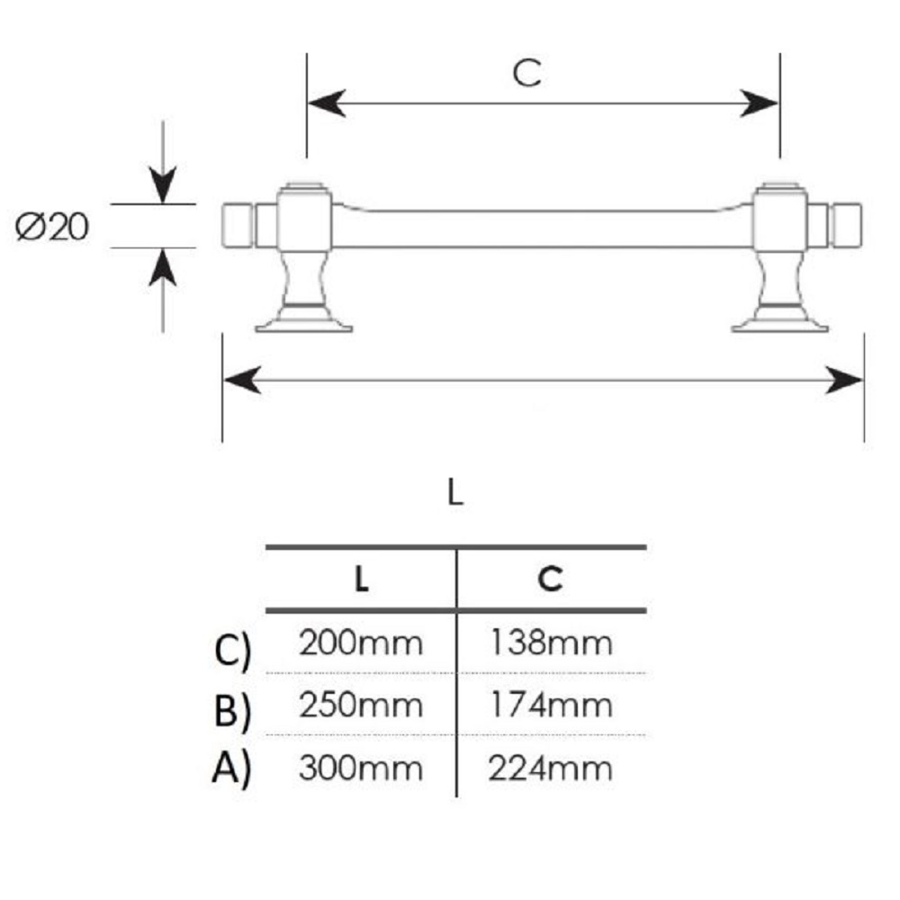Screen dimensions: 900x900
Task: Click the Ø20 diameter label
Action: point(51,226)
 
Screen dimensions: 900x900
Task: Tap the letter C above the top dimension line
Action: point(526,73)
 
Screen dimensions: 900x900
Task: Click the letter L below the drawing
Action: point(455,492)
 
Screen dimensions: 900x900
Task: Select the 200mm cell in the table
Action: point(361,643)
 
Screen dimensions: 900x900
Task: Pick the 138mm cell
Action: point(551,643)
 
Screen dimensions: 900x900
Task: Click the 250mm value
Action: point(361,706)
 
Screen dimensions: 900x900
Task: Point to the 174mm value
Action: point(551,706)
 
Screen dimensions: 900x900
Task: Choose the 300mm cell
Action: point(361,768)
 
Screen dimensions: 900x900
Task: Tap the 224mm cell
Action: point(551,768)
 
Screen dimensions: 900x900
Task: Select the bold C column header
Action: point(551,579)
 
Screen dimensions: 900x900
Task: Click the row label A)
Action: point(232,769)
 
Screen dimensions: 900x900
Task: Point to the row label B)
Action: point(232,711)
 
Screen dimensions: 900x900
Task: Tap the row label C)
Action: point(232,651)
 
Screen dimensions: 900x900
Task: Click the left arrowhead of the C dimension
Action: point(327,103)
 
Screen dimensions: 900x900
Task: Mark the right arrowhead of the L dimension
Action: point(844,380)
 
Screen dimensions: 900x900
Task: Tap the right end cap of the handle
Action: point(847,226)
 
